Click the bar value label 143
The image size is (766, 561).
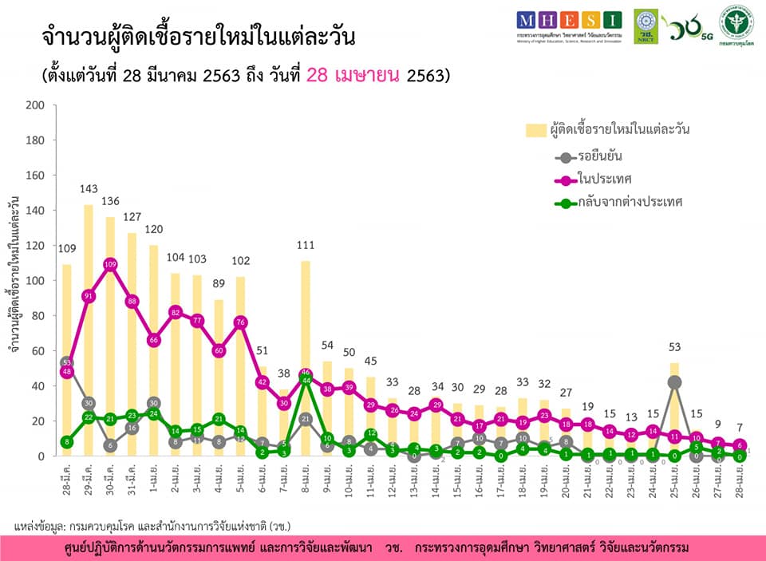point(89,189)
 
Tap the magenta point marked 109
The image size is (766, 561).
point(110,264)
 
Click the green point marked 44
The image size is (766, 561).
point(305,381)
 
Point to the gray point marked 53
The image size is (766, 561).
point(67,363)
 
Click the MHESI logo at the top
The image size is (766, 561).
point(568,20)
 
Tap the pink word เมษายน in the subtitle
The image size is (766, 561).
point(354,76)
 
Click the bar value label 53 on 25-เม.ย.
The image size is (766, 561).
point(674,347)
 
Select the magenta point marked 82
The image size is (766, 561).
point(175,312)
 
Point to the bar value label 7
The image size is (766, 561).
point(739,428)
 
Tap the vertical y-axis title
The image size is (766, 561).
point(14,279)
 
